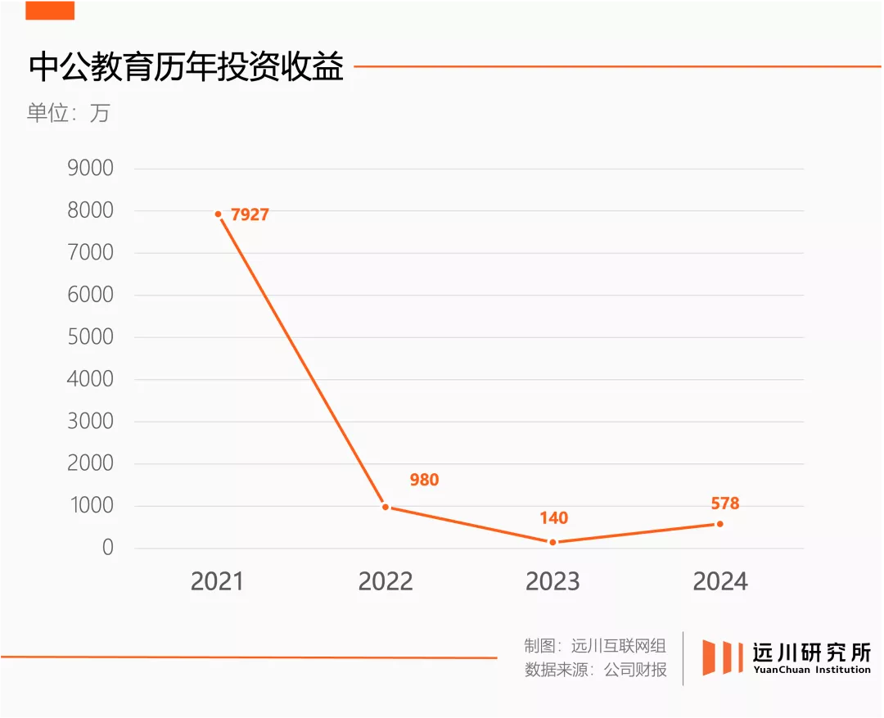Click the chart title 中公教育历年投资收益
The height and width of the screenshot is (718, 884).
(x=186, y=68)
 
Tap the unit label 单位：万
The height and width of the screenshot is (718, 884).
(x=68, y=113)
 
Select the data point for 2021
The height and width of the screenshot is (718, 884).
(x=219, y=214)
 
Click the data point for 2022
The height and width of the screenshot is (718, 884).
(x=386, y=507)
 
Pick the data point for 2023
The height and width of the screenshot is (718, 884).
(x=552, y=542)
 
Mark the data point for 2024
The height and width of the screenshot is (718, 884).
(x=719, y=524)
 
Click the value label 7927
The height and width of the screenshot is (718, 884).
(x=250, y=215)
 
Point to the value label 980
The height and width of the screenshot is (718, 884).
(x=424, y=480)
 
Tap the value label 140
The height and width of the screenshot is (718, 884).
(x=553, y=518)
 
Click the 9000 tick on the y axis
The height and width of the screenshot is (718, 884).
(x=91, y=169)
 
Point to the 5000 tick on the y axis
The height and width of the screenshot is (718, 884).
(x=91, y=337)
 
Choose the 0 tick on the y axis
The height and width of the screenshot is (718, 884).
(x=107, y=548)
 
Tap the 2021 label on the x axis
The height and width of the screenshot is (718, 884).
(x=218, y=581)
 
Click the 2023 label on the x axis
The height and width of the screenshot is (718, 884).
(x=552, y=581)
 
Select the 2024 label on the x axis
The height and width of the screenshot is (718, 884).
(x=720, y=581)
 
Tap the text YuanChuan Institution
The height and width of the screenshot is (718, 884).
(x=812, y=670)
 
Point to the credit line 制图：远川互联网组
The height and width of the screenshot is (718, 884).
(x=595, y=646)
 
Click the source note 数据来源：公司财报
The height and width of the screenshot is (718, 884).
(x=595, y=670)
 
